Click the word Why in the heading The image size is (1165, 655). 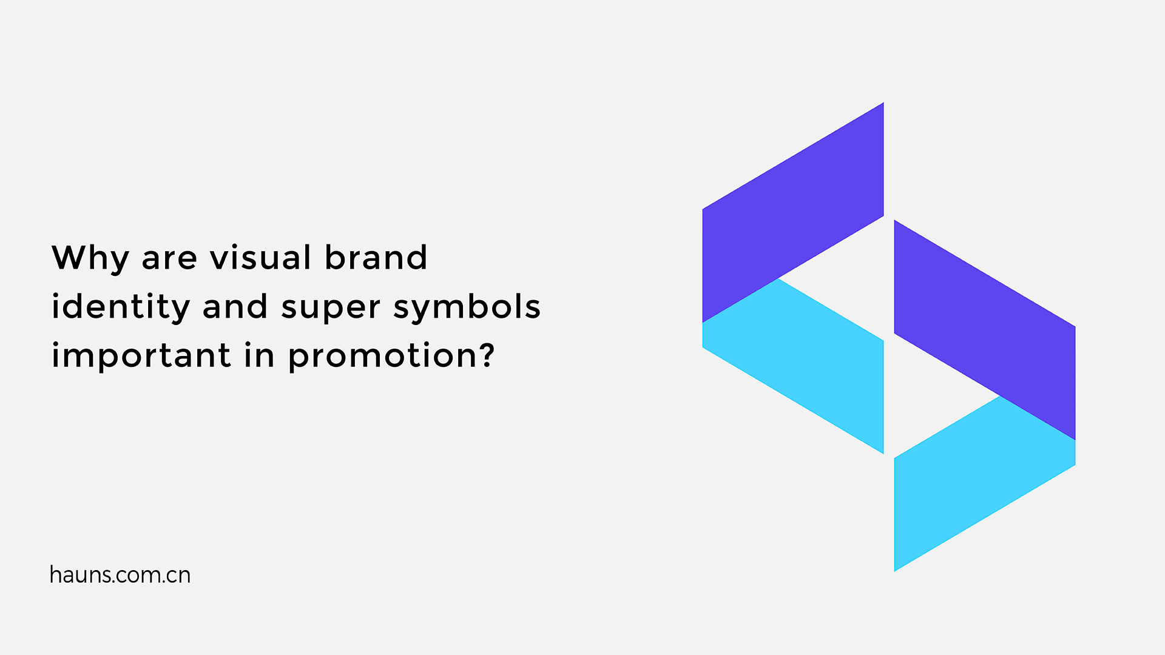tap(90, 258)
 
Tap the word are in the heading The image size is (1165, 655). tap(169, 258)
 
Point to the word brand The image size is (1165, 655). tap(376, 257)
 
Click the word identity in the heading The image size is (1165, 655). tap(121, 307)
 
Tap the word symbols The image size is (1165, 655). tap(467, 307)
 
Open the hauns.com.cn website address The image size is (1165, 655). tap(120, 575)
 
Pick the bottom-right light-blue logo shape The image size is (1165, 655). tap(971, 485)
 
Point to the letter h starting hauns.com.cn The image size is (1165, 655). tap(55, 574)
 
